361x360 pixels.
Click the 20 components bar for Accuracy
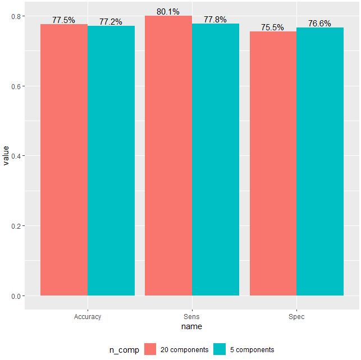pos(64,160)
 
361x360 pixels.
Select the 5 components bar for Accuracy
pos(111,160)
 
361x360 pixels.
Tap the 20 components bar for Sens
pos(168,155)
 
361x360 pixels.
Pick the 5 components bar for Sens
pos(216,159)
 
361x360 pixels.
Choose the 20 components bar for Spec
pos(273,163)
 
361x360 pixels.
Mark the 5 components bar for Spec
pos(320,161)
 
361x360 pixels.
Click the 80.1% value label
pos(168,11)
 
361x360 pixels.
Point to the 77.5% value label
pos(63,20)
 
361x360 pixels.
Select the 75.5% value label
pos(273,27)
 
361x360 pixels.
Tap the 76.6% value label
pos(320,24)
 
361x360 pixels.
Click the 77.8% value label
pos(215,20)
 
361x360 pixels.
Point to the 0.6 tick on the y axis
pos(16,86)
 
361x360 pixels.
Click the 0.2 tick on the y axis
pos(16,226)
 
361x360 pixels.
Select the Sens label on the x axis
pos(192,317)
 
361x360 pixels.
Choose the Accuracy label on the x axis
pos(88,317)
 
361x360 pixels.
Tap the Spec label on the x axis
pos(296,317)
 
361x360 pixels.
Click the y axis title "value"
pos(6,155)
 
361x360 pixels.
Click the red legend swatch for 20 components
pos(150,349)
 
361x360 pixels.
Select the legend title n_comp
pos(124,350)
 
